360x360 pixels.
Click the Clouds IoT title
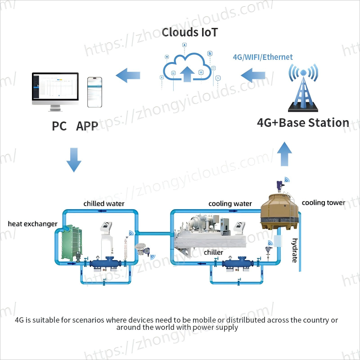tap(190, 32)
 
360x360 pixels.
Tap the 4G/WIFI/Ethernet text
tap(262, 57)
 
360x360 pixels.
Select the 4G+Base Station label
tap(303, 123)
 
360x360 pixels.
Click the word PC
tap(59, 126)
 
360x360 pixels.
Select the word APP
tap(87, 126)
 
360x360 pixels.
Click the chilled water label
tap(104, 204)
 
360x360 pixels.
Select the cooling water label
tap(230, 204)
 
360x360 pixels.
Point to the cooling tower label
tap(323, 202)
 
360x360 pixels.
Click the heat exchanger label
tap(32, 224)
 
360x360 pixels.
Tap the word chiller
tap(213, 252)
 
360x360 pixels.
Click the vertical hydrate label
tap(295, 250)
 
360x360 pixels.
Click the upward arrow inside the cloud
tap(188, 73)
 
